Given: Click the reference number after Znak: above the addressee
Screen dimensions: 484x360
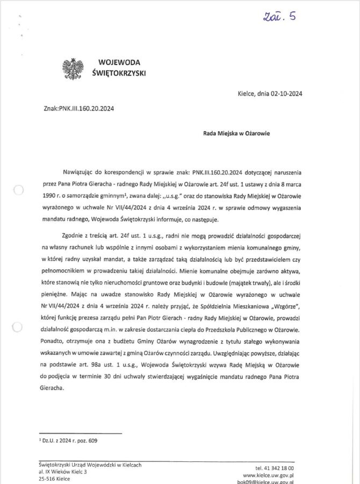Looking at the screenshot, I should click(x=88, y=108).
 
